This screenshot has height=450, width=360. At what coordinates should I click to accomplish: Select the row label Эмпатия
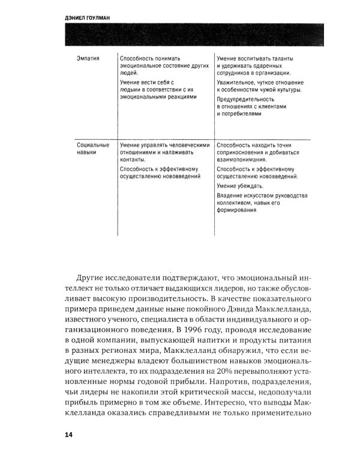(89, 58)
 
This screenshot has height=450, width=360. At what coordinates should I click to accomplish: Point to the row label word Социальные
(93, 145)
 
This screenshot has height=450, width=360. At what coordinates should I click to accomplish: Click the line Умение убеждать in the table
(238, 186)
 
